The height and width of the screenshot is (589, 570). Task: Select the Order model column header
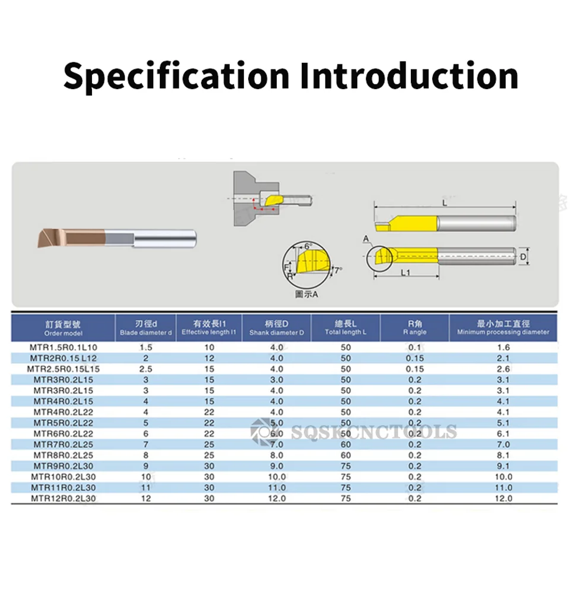pyautogui.click(x=63, y=328)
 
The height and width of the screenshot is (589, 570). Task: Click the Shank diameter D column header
pyautogui.click(x=277, y=328)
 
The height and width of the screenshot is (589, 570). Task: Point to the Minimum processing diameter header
pyautogui.click(x=503, y=328)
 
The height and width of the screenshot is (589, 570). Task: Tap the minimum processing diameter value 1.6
pyautogui.click(x=503, y=347)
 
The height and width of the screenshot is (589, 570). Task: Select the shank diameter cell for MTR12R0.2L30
pyautogui.click(x=277, y=498)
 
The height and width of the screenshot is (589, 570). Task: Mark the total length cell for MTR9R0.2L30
pyautogui.click(x=346, y=466)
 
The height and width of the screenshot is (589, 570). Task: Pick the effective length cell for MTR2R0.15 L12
pyautogui.click(x=209, y=358)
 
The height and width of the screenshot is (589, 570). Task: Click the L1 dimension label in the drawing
pyautogui.click(x=405, y=273)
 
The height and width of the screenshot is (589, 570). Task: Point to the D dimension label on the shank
pyautogui.click(x=523, y=256)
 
